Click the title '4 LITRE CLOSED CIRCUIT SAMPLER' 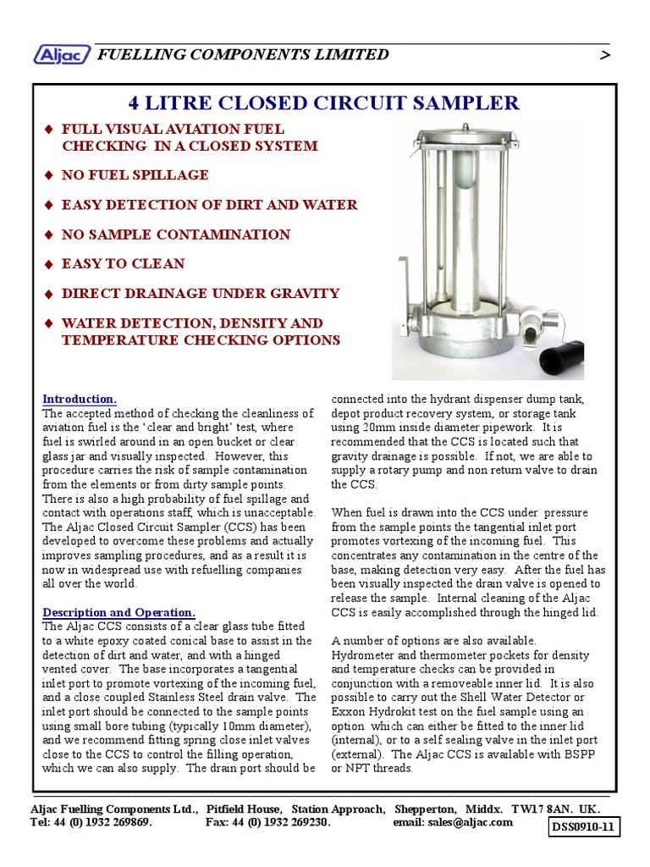click(x=323, y=103)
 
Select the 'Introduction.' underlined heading click(x=80, y=399)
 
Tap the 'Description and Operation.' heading click(x=118, y=612)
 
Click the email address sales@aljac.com click(x=471, y=822)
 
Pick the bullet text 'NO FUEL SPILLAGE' click(x=135, y=175)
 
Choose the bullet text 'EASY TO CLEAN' click(x=123, y=264)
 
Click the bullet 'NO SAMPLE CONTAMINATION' click(x=175, y=235)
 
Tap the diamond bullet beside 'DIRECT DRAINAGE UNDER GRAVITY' click(x=48, y=295)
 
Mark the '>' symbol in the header click(x=603, y=55)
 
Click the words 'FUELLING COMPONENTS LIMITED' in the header click(x=244, y=55)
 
